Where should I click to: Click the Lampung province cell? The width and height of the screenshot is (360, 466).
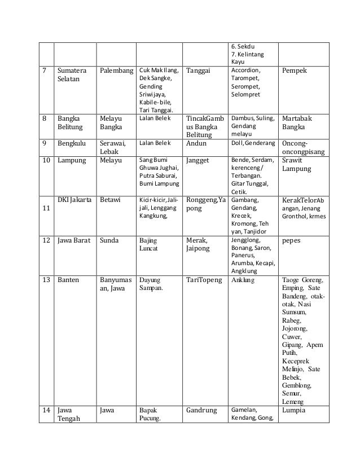71,160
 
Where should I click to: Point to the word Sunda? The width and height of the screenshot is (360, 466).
109,240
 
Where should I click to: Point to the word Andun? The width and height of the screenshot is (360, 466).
196,143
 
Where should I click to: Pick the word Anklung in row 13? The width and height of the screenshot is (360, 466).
243,279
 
